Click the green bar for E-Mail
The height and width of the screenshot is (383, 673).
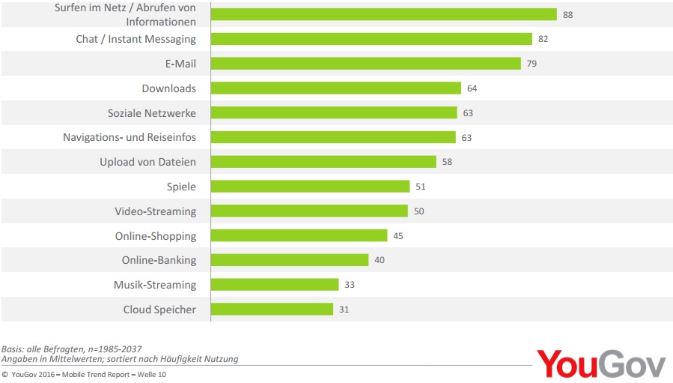coord(365,64)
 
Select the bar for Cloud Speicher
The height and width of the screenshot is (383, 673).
coord(272,309)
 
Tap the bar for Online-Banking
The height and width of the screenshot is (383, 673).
coord(290,260)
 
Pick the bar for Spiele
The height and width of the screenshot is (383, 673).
coord(310,187)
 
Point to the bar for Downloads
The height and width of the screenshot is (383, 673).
coord(335,88)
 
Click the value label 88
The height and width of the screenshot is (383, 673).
coord(567,15)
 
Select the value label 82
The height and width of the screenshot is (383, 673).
coord(543,39)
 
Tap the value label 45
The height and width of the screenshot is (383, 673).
coord(398,236)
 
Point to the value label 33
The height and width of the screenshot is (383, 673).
coord(350,285)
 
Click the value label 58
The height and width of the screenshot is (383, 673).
coord(447,162)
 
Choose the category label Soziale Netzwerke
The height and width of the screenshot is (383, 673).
coord(152,113)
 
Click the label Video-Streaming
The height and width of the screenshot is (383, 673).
coord(155,211)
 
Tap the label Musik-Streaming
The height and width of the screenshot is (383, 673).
coord(155,285)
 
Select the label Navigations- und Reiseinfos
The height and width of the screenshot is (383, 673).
coord(130,137)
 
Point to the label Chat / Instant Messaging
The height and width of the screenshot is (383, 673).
coord(135,39)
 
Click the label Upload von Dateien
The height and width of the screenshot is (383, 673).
coord(147,162)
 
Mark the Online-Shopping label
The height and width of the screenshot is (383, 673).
coord(156,236)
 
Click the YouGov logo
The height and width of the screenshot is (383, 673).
coord(600,364)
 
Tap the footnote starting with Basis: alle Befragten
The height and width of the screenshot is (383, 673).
coord(71,349)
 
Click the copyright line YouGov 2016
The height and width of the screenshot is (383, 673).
coord(84,375)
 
